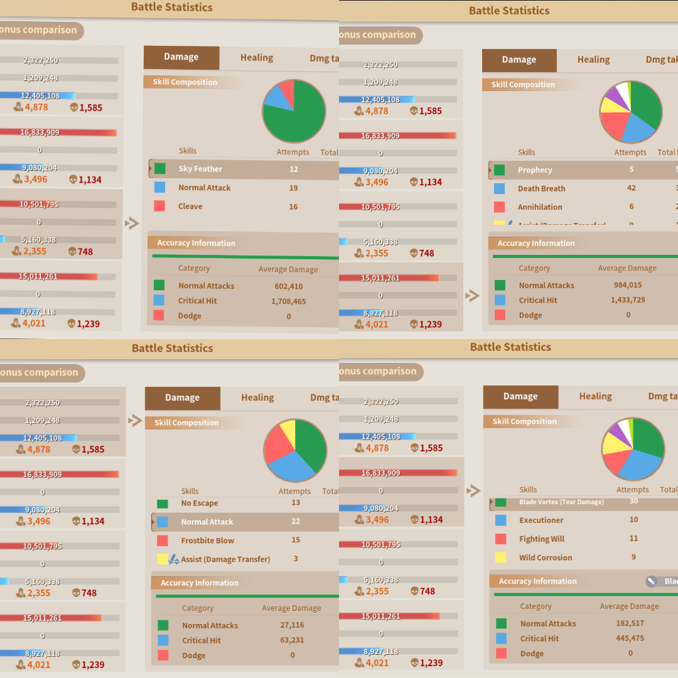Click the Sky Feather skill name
200,169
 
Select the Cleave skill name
190,207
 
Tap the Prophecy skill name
535,170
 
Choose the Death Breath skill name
541,188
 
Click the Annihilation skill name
540,207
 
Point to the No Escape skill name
200,503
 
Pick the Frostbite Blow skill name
207,541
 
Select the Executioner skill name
541,520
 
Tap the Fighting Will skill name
542,539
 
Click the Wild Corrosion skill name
546,557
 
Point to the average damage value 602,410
288,286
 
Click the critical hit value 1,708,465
288,301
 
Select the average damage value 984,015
628,285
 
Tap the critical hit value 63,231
292,640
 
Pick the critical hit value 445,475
630,638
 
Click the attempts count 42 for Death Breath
632,188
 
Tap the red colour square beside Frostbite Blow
163,541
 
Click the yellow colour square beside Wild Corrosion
501,557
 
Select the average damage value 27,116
292,625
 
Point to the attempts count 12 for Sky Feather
294,169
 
